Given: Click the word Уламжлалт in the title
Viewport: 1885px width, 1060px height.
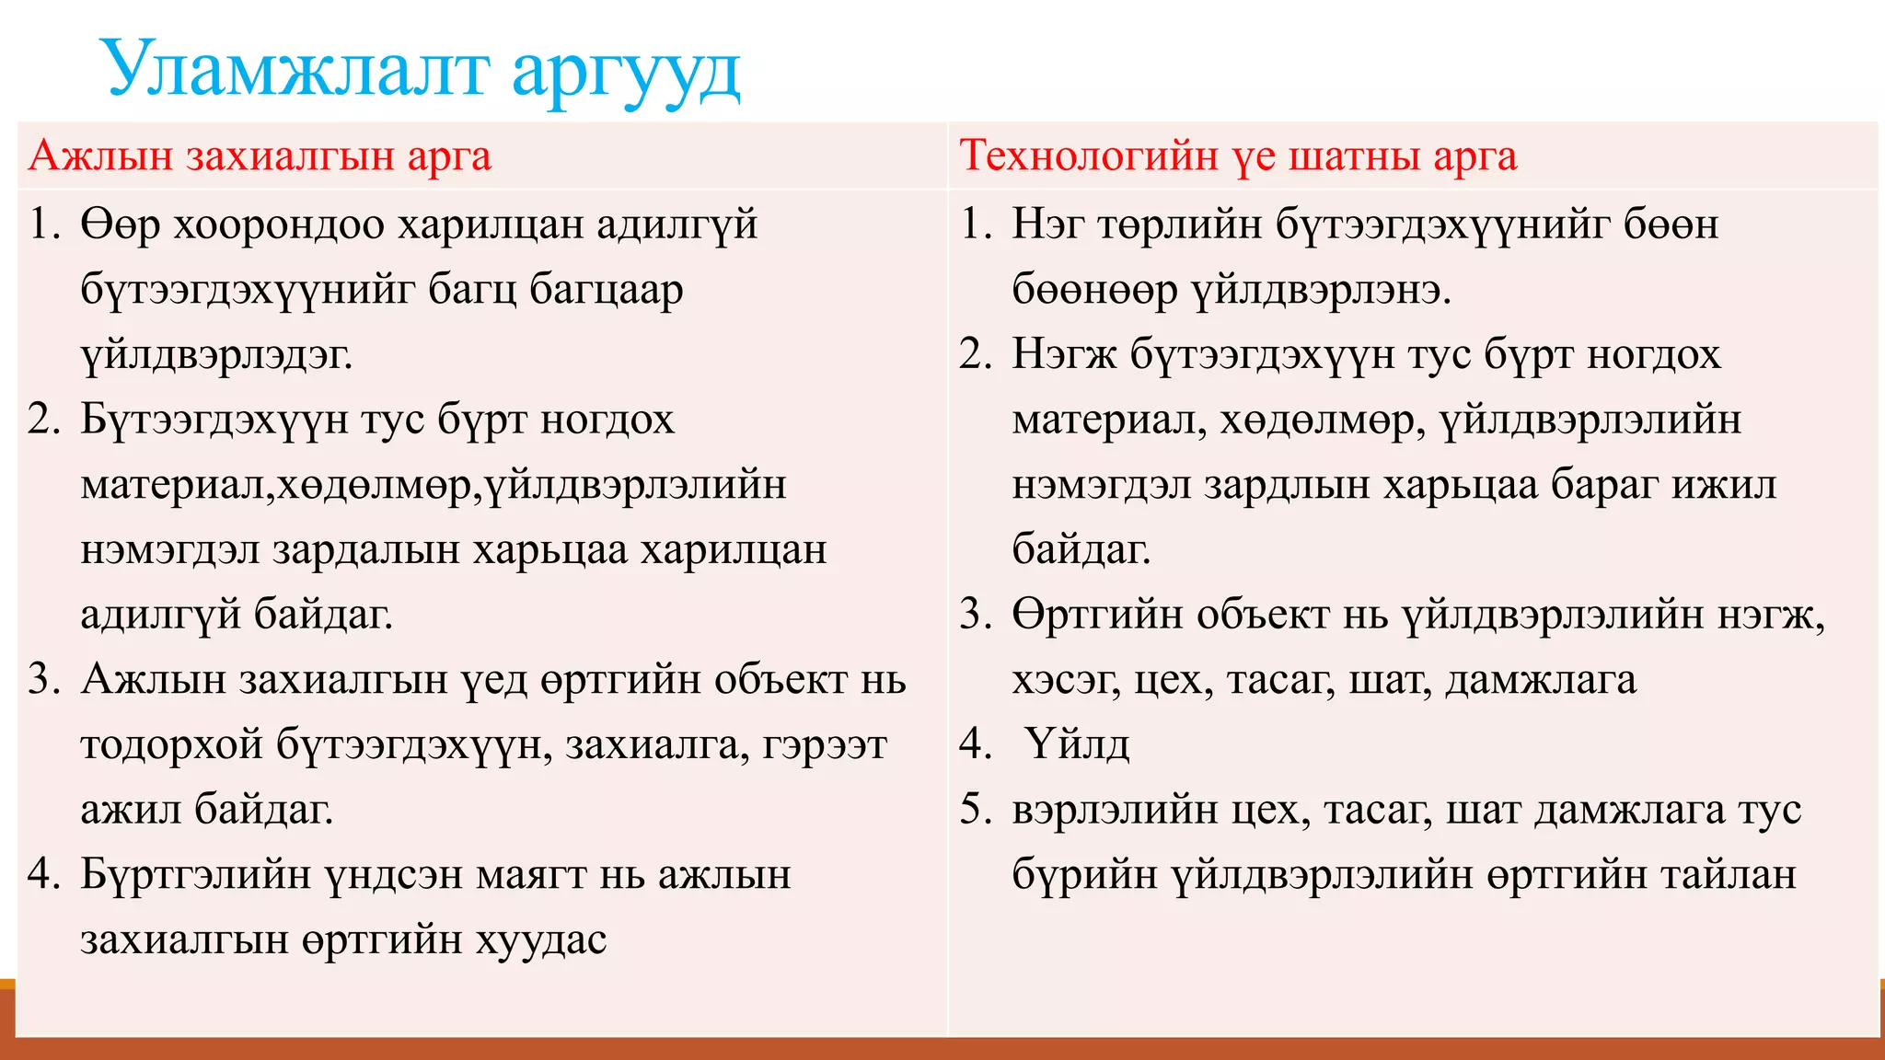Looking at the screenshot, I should [x=294, y=69].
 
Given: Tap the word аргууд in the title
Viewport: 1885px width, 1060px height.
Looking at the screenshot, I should [x=626, y=74].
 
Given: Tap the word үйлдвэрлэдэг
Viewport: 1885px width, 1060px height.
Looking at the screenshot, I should [x=216, y=355].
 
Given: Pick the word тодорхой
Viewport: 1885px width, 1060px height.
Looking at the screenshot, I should [x=172, y=745].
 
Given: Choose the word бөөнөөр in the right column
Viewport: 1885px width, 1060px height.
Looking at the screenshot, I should [x=1094, y=291].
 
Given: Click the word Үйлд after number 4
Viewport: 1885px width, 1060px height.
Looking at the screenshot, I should [x=1076, y=744].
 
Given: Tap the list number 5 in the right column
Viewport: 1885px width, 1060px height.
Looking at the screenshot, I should [x=973, y=810].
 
